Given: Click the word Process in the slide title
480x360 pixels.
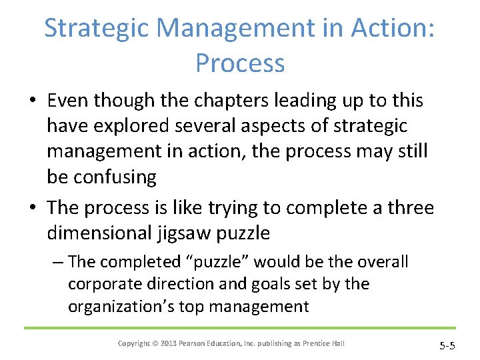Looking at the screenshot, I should pyautogui.click(x=240, y=63).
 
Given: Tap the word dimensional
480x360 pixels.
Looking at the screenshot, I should pyautogui.click(x=99, y=233).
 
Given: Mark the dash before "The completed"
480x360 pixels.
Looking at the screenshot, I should pyautogui.click(x=57, y=261).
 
